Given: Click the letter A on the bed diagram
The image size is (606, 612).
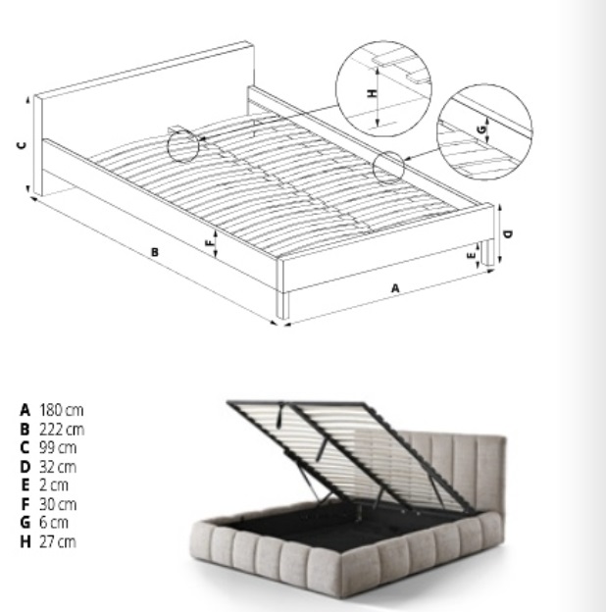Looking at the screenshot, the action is [395, 288].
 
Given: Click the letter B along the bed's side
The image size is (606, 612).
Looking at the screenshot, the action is [155, 252].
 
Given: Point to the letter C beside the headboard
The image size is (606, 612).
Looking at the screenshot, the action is [23, 145].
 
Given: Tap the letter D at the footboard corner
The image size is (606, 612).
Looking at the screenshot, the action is [508, 234].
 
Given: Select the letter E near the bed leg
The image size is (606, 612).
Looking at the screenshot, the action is [472, 255].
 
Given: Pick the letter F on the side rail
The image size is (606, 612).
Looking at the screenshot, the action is [210, 243].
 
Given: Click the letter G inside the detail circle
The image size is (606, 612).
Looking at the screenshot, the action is [482, 128].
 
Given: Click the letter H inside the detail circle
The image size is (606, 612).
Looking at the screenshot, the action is [374, 93].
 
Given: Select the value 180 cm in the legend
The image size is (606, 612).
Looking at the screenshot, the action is [61, 410].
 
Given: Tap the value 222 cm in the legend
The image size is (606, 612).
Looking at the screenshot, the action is [62, 430].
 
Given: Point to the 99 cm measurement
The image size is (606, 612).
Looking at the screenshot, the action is [58, 447].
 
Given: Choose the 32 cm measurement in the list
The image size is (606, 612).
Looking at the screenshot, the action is [58, 467].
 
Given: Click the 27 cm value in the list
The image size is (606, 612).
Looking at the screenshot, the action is [58, 541].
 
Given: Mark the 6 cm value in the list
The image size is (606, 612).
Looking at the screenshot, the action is [54, 522].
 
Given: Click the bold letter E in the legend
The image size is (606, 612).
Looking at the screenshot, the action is [25, 485].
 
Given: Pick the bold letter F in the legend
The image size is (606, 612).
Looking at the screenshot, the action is [25, 504].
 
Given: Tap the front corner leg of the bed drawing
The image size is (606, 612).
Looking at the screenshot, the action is [283, 304].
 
